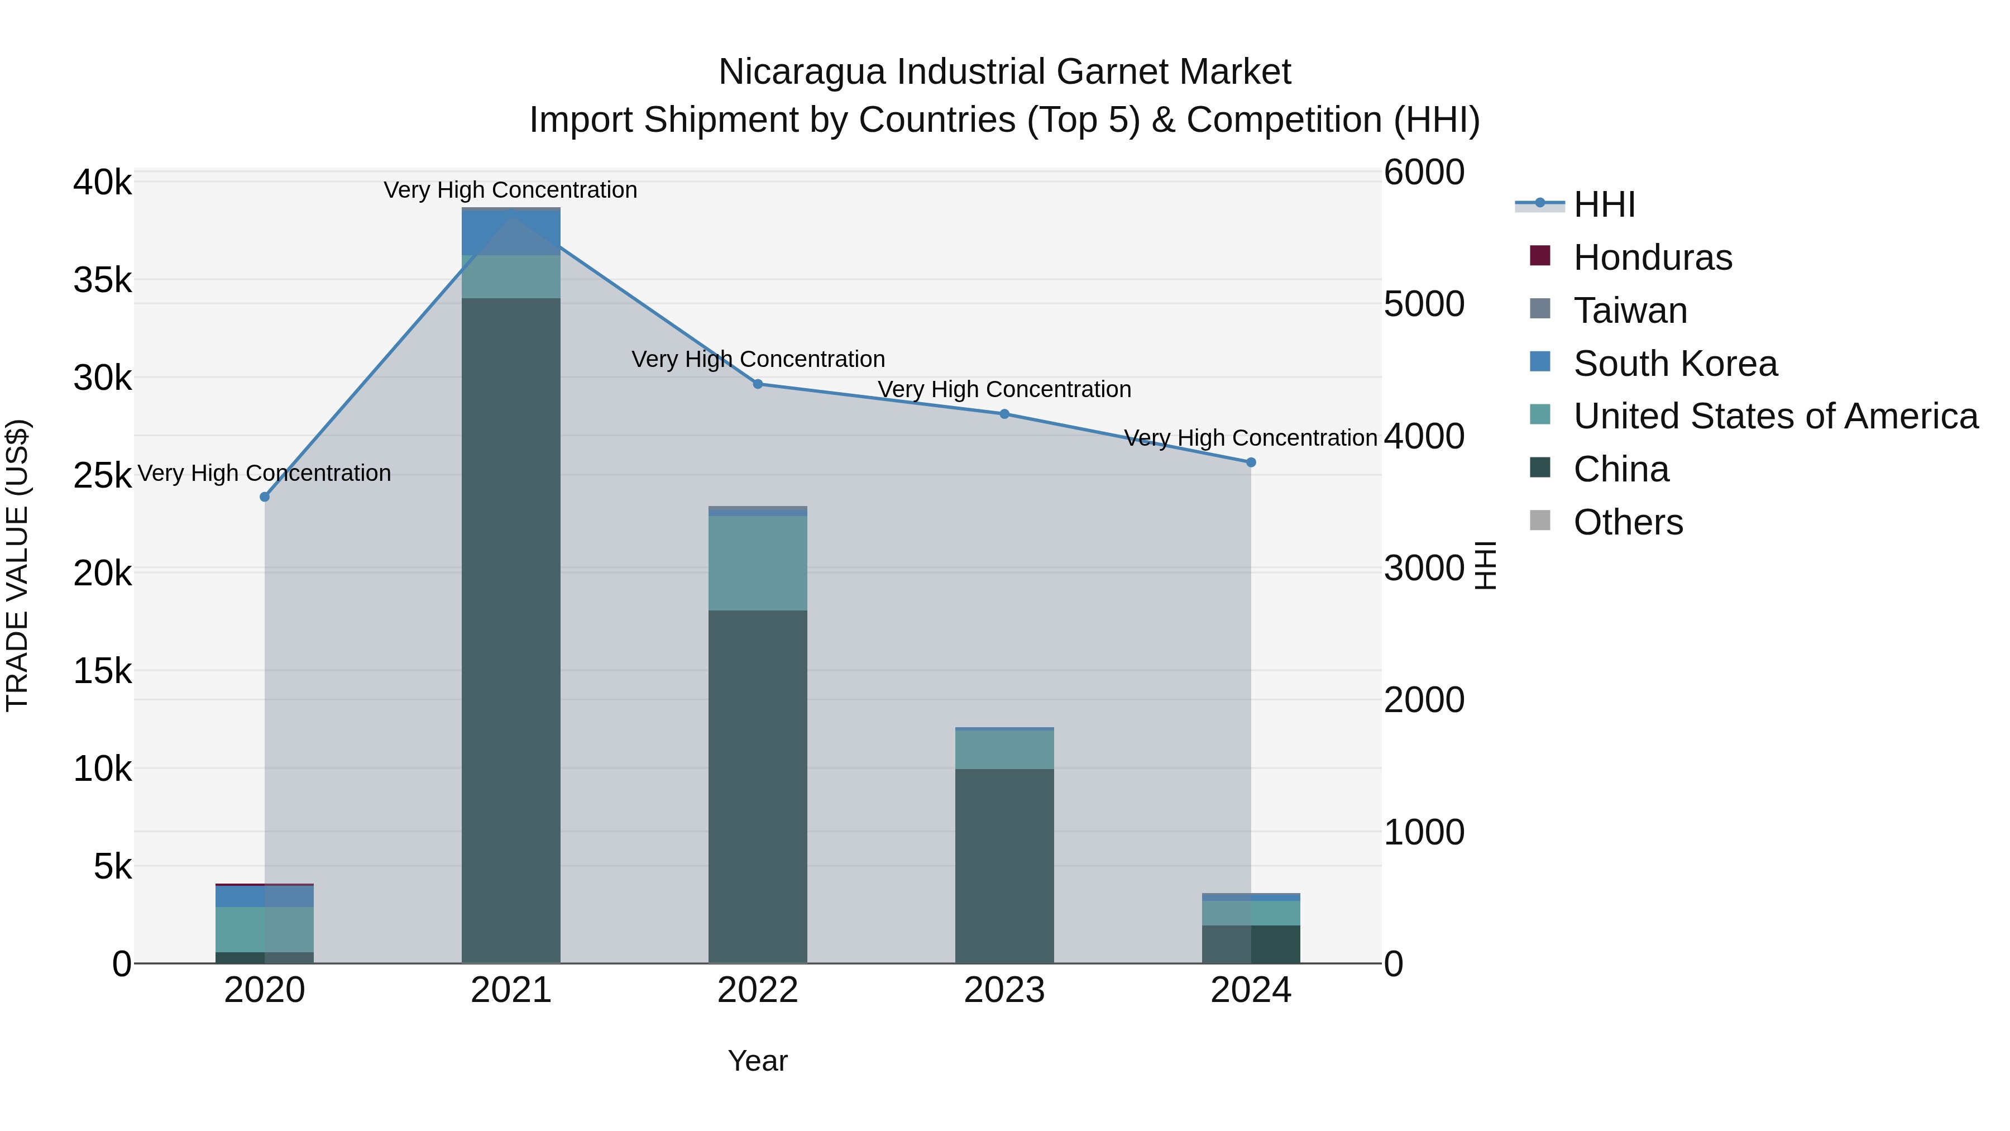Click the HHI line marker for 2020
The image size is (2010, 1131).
click(265, 497)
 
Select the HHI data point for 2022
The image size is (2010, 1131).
click(758, 384)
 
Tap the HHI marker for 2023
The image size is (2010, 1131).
click(1004, 414)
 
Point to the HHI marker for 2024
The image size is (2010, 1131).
click(1251, 462)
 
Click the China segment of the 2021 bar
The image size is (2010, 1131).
click(511, 624)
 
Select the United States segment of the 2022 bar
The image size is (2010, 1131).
click(758, 562)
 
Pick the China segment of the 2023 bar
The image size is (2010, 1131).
click(1004, 866)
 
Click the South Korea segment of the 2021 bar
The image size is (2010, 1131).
click(511, 232)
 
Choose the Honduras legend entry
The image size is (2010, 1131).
click(1652, 257)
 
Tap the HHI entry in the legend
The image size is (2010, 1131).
click(1604, 204)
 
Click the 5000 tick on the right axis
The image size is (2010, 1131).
click(1424, 304)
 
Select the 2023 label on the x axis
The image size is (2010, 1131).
click(1004, 990)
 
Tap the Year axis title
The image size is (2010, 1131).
click(758, 1061)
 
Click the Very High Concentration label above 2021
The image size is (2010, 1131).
click(510, 190)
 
